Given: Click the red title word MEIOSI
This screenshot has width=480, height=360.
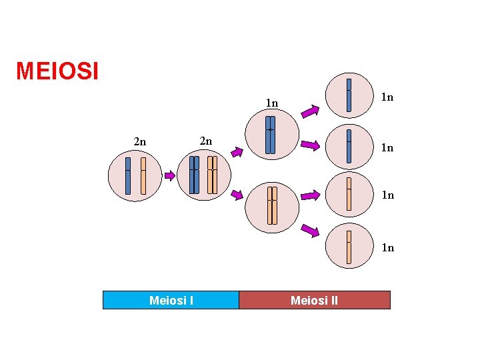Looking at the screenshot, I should pyautogui.click(x=57, y=71).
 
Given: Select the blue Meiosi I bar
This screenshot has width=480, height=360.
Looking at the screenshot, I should pyautogui.click(x=171, y=300).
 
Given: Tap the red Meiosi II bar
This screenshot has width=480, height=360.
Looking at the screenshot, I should pyautogui.click(x=314, y=300).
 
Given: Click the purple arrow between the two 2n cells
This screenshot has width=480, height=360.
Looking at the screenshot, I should pyautogui.click(x=170, y=176).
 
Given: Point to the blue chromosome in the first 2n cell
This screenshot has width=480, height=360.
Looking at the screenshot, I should pyautogui.click(x=128, y=175).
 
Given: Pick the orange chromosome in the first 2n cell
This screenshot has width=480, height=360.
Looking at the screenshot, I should pyautogui.click(x=143, y=175).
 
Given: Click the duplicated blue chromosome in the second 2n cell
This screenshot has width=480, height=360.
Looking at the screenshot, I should pyautogui.click(x=194, y=175).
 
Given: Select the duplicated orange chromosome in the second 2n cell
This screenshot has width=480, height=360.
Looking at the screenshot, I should pyautogui.click(x=212, y=175).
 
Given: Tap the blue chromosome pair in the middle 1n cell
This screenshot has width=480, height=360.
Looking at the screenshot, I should pyautogui.click(x=270, y=135).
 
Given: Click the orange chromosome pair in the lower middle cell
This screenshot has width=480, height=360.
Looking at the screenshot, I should pyautogui.click(x=272, y=205).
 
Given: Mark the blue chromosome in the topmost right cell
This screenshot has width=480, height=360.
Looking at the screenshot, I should pyautogui.click(x=349, y=95).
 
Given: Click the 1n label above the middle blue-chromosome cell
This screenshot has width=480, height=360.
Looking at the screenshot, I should pyautogui.click(x=271, y=103).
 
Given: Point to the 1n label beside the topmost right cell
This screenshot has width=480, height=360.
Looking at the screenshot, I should pyautogui.click(x=387, y=97).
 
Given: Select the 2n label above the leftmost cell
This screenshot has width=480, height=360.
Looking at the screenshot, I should pyautogui.click(x=140, y=141).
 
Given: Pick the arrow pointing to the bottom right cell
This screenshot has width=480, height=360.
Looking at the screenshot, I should pyautogui.click(x=310, y=231).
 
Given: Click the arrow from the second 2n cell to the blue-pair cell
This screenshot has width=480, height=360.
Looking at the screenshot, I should pyautogui.click(x=237, y=151).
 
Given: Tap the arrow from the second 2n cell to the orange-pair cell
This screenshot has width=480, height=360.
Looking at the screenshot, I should pyautogui.click(x=237, y=195).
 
